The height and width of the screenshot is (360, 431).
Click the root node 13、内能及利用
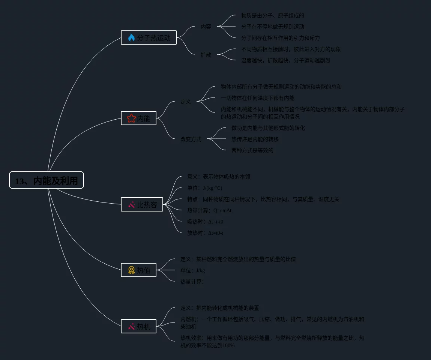tap(47, 180)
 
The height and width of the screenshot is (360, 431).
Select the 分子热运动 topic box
tap(149, 37)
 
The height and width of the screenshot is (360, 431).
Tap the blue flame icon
tap(131, 37)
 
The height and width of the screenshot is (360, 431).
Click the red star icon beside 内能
tap(131, 118)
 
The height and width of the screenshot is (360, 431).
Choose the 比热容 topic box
tap(142, 205)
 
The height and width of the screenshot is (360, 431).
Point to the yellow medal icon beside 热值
tap(131, 270)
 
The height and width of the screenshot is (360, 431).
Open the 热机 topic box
tap(139, 326)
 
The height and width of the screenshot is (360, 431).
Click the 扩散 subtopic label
tap(206, 55)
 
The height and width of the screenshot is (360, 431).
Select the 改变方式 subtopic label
tap(191, 139)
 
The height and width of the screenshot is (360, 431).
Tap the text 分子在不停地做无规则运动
tap(273, 27)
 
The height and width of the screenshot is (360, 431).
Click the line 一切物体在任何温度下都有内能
tap(258, 98)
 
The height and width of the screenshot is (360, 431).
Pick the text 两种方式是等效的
tap(252, 150)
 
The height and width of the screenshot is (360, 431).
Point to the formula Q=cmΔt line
tap(209, 210)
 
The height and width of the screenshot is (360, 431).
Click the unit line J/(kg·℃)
tap(205, 188)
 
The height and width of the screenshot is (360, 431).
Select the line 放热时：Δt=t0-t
tap(205, 233)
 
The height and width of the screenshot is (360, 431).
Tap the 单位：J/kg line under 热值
tap(193, 270)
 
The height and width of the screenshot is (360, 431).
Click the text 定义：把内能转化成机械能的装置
tap(220, 308)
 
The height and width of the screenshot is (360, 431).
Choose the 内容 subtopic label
tap(206, 27)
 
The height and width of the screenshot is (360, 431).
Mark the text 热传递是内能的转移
tap(255, 139)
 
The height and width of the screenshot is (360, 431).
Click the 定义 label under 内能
tap(186, 102)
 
